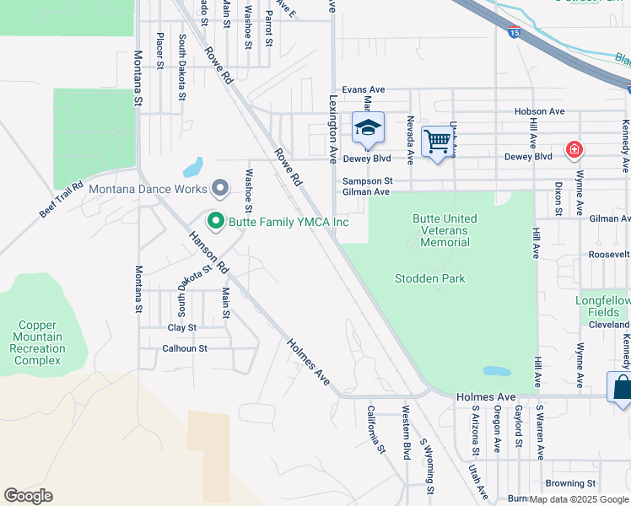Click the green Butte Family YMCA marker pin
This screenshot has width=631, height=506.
click(215, 222)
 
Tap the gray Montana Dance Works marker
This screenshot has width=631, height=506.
click(221, 187)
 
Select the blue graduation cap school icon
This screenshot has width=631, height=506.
click(368, 128)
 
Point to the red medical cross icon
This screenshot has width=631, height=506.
click(574, 150)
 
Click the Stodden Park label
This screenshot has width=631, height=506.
click(429, 278)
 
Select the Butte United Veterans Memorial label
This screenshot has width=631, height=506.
click(445, 230)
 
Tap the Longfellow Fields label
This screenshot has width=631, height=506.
click(602, 306)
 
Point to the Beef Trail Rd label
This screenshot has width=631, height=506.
click(61, 200)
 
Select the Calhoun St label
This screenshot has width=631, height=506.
click(185, 348)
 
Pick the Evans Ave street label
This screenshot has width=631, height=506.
click(363, 90)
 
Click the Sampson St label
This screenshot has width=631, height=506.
click(367, 180)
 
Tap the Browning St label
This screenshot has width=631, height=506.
click(570, 483)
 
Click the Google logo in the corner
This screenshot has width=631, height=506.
click(28, 496)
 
